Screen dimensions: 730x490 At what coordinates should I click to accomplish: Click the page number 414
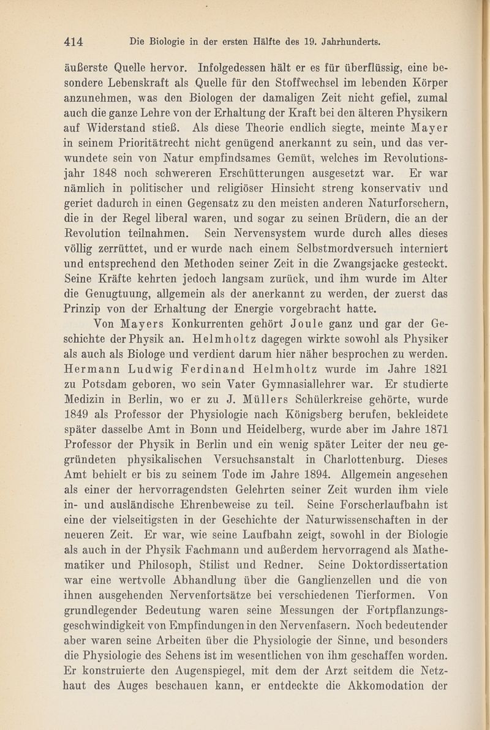78,43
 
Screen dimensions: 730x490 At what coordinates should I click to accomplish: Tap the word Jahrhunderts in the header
347,43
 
